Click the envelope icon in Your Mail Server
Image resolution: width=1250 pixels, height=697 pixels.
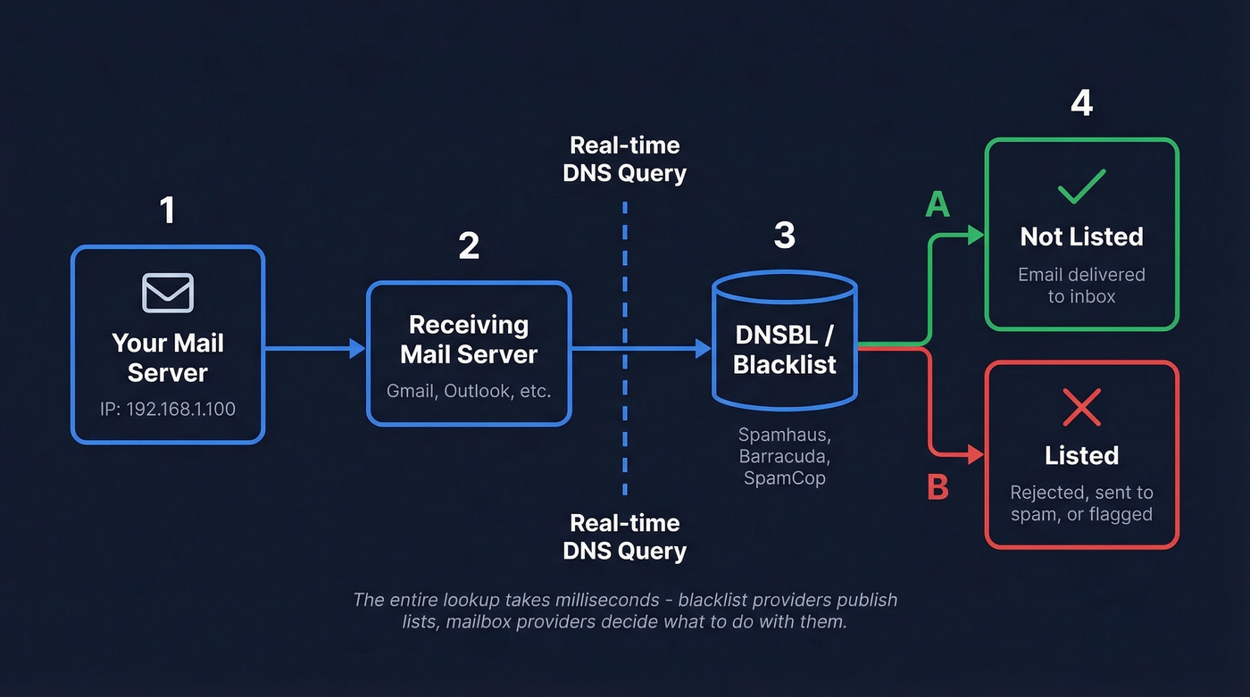pos(168,293)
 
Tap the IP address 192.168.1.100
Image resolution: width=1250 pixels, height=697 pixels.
pos(168,410)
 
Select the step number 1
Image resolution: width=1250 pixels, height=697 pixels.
pos(167,211)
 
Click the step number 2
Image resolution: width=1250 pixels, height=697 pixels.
pos(469,246)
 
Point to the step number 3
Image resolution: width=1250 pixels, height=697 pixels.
pos(784,236)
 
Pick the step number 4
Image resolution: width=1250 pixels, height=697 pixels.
pos(1081,104)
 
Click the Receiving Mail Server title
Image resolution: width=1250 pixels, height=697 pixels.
pos(469,339)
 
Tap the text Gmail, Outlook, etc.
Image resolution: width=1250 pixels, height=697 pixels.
pos(469,391)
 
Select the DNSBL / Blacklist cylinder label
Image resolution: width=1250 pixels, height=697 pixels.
pos(784,349)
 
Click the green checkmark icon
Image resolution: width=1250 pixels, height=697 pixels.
pos(1081,187)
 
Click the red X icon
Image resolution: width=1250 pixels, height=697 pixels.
pos(1081,408)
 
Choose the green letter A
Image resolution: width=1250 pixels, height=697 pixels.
pos(937,205)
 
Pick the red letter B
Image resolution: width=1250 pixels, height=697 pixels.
pos(937,487)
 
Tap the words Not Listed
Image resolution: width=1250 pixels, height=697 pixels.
pos(1081,236)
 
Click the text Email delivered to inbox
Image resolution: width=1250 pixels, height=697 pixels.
pos(1081,286)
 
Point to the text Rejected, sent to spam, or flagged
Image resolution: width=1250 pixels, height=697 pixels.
pos(1081,503)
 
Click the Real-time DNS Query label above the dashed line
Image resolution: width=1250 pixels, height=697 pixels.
pos(624,159)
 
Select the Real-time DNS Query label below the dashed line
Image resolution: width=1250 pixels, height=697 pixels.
pos(624,536)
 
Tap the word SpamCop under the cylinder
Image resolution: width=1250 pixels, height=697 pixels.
pos(784,477)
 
